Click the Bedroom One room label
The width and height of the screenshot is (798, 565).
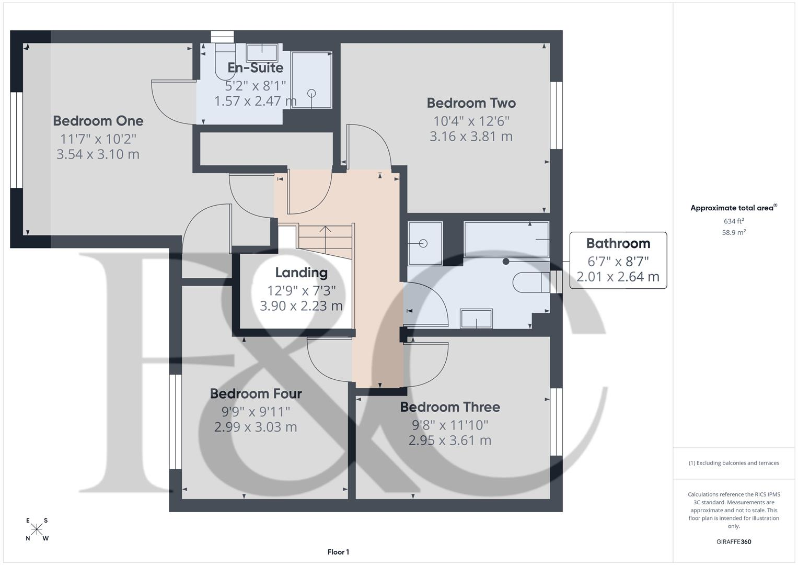(98, 121)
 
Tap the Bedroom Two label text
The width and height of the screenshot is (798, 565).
(471, 103)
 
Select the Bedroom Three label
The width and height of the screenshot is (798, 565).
(450, 407)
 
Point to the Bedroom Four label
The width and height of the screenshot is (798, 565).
(256, 394)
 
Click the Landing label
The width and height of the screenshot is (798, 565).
(302, 273)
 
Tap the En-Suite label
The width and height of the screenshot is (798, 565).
(256, 67)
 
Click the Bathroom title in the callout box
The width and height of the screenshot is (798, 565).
(618, 243)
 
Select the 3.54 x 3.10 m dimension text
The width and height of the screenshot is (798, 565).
(98, 154)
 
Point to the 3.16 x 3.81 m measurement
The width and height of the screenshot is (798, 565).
(471, 136)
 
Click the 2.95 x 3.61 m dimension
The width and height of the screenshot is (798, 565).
(450, 440)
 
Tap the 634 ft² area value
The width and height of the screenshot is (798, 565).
(734, 221)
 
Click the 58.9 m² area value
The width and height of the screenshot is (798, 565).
(734, 232)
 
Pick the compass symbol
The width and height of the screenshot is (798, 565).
(37, 529)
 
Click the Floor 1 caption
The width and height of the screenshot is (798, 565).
(338, 552)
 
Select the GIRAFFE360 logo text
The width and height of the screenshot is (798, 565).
(734, 541)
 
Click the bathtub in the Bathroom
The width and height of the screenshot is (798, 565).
(506, 239)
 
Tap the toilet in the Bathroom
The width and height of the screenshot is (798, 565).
(531, 282)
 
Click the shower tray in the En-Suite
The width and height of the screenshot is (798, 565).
(311, 80)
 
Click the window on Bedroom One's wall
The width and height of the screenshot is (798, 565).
(16, 140)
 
